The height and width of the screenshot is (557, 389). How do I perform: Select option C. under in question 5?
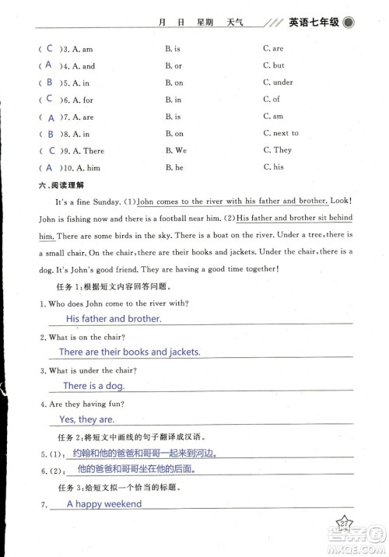(x=278, y=83)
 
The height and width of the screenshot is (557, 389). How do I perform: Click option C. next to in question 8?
(x=281, y=134)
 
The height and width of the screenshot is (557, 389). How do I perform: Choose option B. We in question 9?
(x=177, y=151)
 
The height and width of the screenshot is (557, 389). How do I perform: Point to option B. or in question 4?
(x=173, y=67)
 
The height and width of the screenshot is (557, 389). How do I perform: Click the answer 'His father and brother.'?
(x=114, y=319)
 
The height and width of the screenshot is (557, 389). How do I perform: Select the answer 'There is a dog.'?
(x=93, y=386)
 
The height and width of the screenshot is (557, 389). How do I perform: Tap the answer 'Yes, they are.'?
(x=87, y=419)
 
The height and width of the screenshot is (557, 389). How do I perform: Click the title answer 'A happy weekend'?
(x=104, y=504)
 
